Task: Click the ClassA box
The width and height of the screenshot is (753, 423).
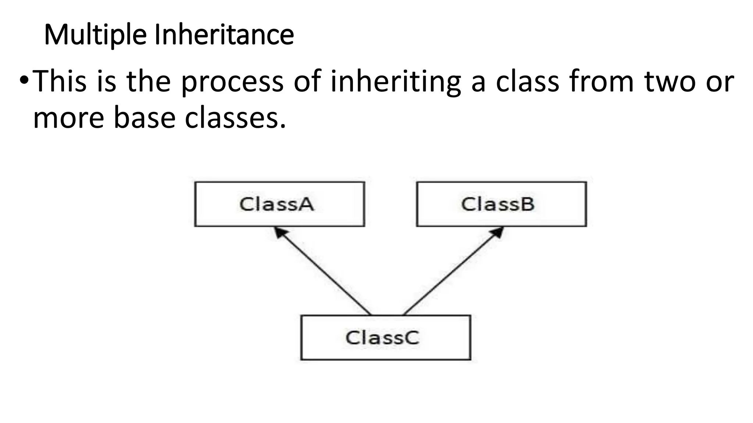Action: click(279, 204)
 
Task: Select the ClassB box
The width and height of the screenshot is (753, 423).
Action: click(501, 204)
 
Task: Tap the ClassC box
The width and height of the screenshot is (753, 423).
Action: click(385, 337)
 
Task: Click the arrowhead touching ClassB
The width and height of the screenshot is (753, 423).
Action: click(497, 232)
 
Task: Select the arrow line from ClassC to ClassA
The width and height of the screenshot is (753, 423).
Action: click(324, 272)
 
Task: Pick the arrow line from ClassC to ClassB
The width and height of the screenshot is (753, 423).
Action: click(452, 272)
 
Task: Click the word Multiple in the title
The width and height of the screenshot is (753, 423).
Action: click(95, 35)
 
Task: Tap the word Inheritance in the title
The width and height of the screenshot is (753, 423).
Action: click(224, 35)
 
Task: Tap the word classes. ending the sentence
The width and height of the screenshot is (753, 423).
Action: click(235, 118)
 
